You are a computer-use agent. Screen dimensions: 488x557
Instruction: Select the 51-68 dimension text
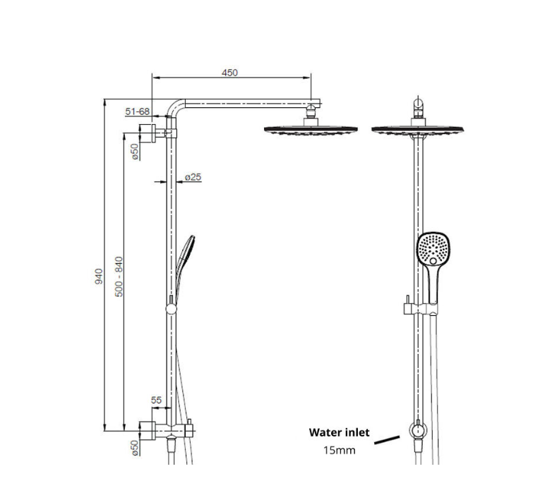(137, 111)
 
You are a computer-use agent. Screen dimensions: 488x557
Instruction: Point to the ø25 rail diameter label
(193, 176)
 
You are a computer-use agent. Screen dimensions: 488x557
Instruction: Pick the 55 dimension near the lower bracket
(156, 400)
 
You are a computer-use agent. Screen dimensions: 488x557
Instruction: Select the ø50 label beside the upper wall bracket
(134, 151)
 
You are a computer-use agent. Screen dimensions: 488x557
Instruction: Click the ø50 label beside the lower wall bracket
(134, 447)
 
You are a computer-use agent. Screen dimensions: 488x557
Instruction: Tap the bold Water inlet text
(338, 432)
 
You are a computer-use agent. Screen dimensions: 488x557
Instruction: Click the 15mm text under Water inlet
(338, 449)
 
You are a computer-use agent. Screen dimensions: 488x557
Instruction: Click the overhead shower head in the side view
(309, 130)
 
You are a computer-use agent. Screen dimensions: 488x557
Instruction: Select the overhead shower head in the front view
(419, 130)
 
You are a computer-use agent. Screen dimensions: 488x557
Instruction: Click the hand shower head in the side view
(188, 250)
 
